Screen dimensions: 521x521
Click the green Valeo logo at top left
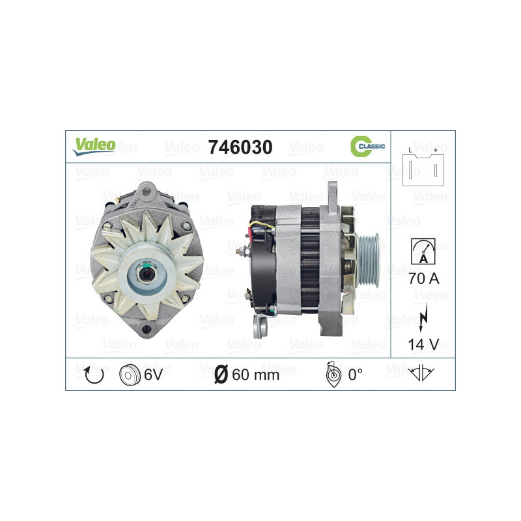pyautogui.click(x=94, y=146)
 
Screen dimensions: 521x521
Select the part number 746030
pyautogui.click(x=239, y=147)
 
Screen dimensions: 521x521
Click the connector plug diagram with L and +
pyautogui.click(x=422, y=167)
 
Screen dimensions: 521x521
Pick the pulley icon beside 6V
pyautogui.click(x=130, y=374)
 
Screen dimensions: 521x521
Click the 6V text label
pyautogui.click(x=152, y=374)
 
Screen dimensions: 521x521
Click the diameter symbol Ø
pyautogui.click(x=221, y=374)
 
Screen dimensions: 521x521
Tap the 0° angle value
pyautogui.click(x=355, y=374)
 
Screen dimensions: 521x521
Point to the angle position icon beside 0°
pyautogui.click(x=331, y=374)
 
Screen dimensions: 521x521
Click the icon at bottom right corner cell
pyautogui.click(x=422, y=374)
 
